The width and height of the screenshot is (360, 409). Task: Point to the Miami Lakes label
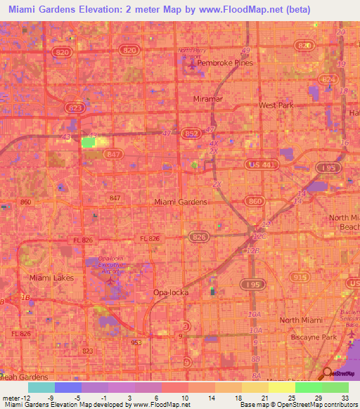[49, 278]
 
